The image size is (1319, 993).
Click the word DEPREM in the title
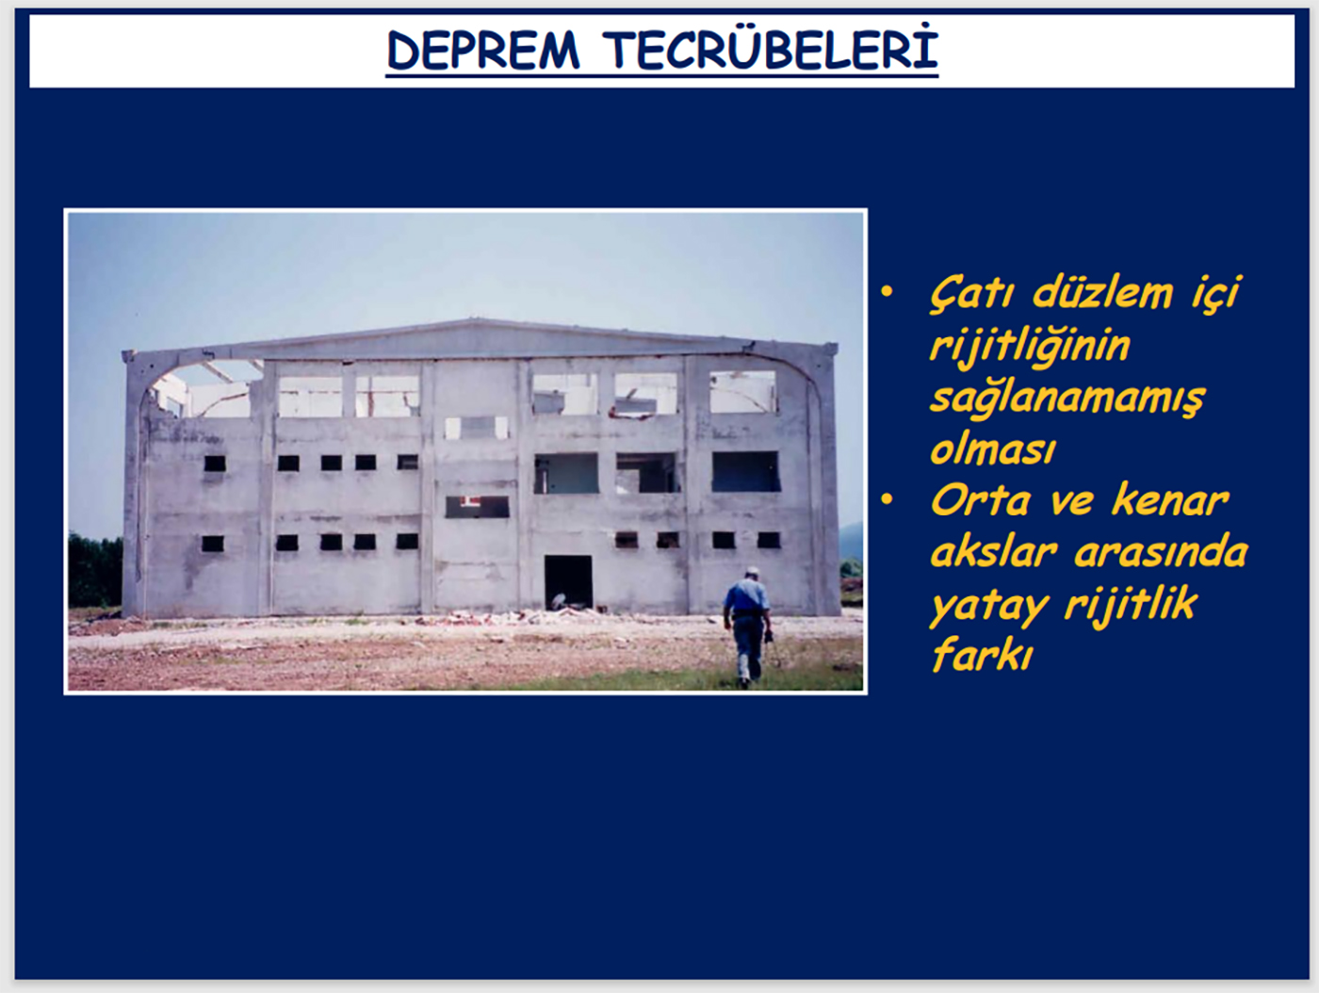tap(483, 51)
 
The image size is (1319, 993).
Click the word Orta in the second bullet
tap(980, 501)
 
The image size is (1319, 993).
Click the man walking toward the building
tap(747, 627)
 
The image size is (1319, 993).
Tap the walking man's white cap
tap(753, 571)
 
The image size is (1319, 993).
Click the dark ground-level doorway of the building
tap(568, 582)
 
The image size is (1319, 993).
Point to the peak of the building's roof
tap(473, 320)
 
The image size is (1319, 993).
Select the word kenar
tap(1170, 500)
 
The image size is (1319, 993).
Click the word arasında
tap(1161, 552)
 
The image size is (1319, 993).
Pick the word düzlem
tap(1103, 293)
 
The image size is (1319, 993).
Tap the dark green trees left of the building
tap(95, 569)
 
